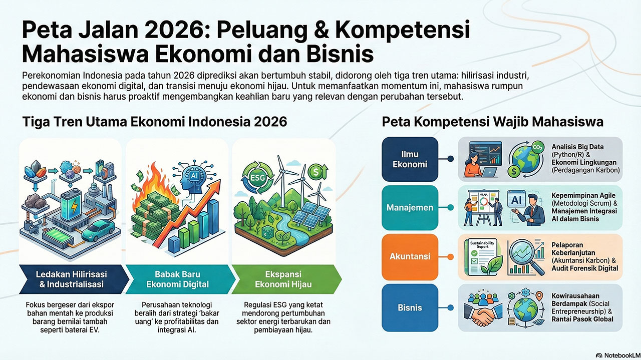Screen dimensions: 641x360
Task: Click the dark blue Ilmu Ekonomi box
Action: [410, 159]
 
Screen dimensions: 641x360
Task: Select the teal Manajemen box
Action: [410, 207]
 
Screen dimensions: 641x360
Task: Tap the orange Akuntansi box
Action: [410, 256]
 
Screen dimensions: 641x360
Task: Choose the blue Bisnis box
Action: [410, 307]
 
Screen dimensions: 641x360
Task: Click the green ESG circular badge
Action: [258, 178]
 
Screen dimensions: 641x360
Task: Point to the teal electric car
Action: [98, 230]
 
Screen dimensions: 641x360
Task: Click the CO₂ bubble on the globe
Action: [537, 147]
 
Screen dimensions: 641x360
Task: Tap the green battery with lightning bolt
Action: [71, 205]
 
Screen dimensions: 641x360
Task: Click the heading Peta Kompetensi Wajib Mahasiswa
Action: [492, 122]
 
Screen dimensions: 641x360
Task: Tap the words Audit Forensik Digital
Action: [584, 268]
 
